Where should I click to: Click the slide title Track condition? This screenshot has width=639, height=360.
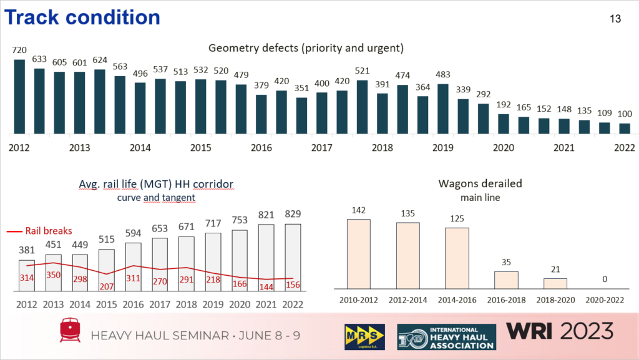pyautogui.click(x=82, y=17)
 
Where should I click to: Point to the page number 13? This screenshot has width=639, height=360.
pyautogui.click(x=615, y=19)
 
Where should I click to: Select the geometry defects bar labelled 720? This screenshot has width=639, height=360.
pyautogui.click(x=19, y=97)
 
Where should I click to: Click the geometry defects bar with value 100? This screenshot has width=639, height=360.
pyautogui.click(x=625, y=129)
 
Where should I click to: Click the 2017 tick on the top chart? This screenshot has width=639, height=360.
pyautogui.click(x=321, y=148)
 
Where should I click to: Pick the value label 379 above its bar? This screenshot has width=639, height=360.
pyautogui.click(x=261, y=85)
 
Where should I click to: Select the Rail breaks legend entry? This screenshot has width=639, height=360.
pyautogui.click(x=41, y=230)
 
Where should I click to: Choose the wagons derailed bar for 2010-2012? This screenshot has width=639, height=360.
pyautogui.click(x=358, y=254)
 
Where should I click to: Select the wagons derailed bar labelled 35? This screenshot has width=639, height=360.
pyautogui.click(x=506, y=280)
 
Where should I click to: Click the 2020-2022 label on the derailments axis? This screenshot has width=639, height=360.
pyautogui.click(x=605, y=300)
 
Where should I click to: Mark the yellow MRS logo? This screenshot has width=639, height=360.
pyautogui.click(x=363, y=336)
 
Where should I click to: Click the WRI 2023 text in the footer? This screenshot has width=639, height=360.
pyautogui.click(x=560, y=332)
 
